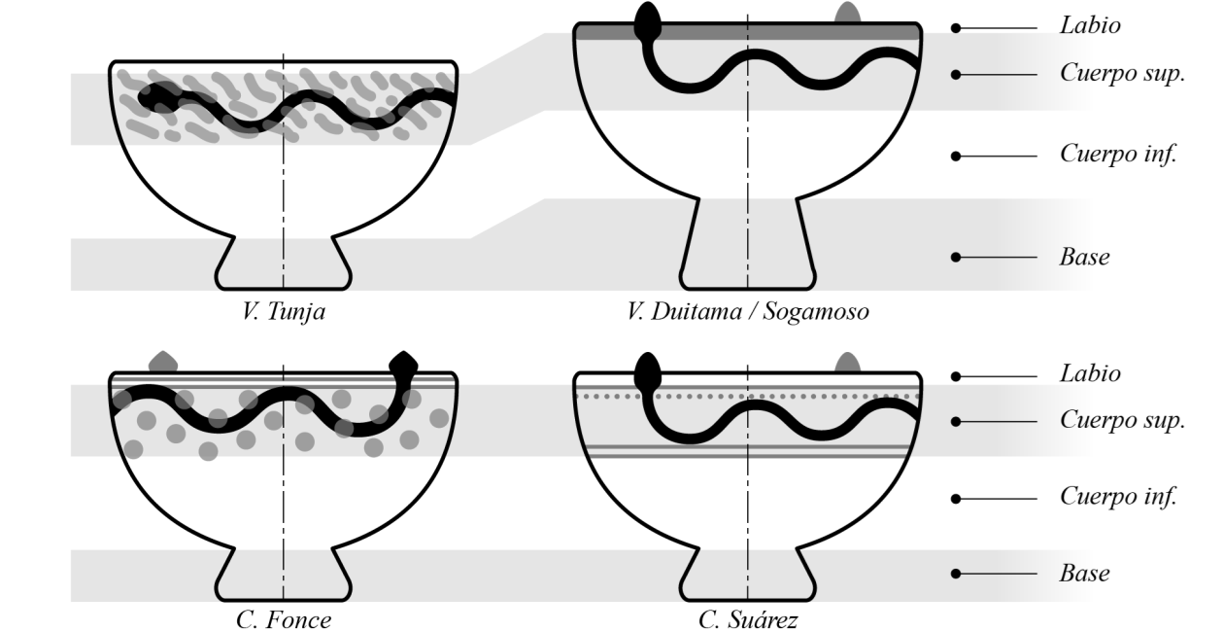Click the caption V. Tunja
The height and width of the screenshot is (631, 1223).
click(x=284, y=313)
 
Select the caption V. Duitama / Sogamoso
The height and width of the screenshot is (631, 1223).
click(x=747, y=313)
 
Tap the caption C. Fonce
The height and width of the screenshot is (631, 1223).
click(x=284, y=619)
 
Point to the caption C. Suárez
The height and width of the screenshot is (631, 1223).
click(x=747, y=619)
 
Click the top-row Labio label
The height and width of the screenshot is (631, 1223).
click(x=1090, y=26)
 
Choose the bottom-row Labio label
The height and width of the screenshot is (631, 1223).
click(x=1090, y=373)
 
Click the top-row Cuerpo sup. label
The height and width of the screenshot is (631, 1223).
click(x=1122, y=74)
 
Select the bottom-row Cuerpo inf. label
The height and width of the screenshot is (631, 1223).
click(x=1119, y=498)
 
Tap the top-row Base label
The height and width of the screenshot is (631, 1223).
click(x=1084, y=258)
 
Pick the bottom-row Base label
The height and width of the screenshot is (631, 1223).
click(x=1084, y=573)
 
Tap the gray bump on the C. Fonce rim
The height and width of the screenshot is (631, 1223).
click(x=162, y=362)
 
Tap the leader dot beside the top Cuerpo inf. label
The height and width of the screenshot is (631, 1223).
click(x=956, y=156)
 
